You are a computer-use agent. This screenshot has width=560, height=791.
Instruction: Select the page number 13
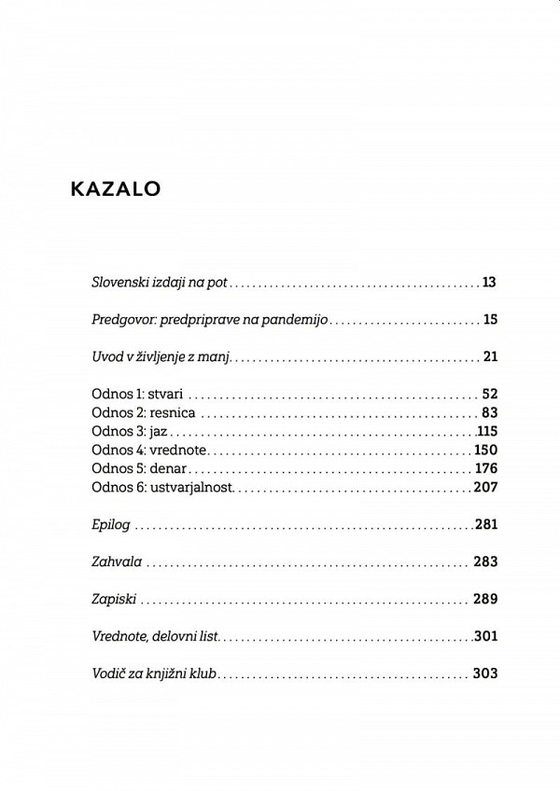[x=489, y=281]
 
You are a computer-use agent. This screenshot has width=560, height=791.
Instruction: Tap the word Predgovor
[x=125, y=320]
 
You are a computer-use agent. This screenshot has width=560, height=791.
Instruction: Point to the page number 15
[x=489, y=320]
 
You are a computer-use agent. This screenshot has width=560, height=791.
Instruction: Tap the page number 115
[x=487, y=432]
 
